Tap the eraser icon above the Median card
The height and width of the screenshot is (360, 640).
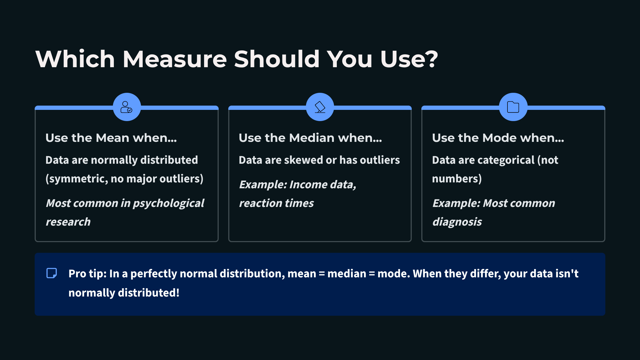click(320, 107)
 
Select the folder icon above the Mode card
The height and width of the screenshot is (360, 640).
click(513, 107)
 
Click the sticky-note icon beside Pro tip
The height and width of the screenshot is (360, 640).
click(52, 273)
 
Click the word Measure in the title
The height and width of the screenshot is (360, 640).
click(175, 59)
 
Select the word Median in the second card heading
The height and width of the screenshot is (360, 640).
click(311, 138)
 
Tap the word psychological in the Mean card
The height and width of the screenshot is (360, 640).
click(169, 203)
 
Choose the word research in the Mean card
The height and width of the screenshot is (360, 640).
click(68, 222)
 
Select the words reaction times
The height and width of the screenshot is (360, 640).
click(276, 203)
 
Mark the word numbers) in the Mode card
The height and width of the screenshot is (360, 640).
click(457, 179)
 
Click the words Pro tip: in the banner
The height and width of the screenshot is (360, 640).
click(87, 274)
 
